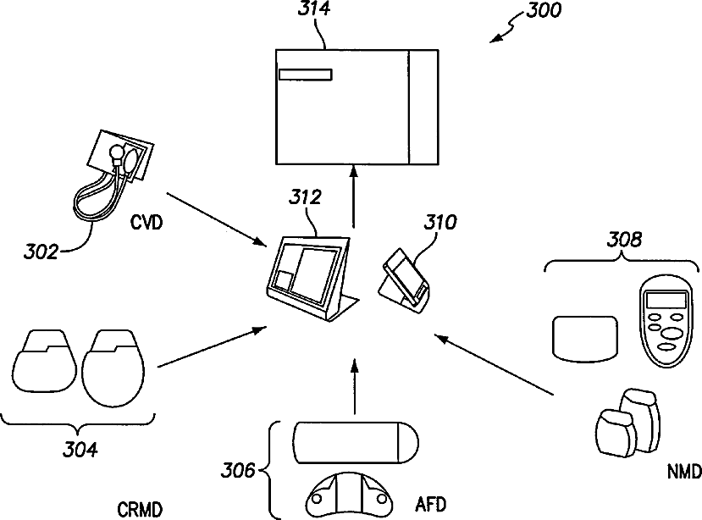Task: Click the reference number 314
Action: click(x=314, y=8)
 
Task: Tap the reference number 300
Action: click(x=543, y=10)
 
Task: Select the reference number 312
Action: click(x=305, y=197)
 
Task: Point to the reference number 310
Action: click(x=440, y=222)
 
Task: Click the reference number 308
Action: click(x=624, y=240)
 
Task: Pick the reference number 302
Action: click(x=41, y=252)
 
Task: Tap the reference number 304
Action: click(x=80, y=449)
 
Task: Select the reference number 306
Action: click(x=238, y=470)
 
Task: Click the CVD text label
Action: click(x=146, y=222)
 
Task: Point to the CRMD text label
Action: click(x=140, y=510)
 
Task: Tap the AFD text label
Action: click(x=431, y=505)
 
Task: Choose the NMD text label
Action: click(x=684, y=472)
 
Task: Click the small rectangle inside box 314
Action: click(x=306, y=75)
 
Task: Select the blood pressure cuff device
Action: click(x=113, y=175)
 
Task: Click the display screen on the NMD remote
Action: click(x=666, y=300)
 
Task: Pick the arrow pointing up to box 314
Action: click(x=354, y=197)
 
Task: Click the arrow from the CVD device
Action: click(x=216, y=219)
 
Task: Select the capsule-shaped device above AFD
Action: click(x=356, y=443)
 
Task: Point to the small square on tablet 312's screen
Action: click(x=283, y=280)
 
